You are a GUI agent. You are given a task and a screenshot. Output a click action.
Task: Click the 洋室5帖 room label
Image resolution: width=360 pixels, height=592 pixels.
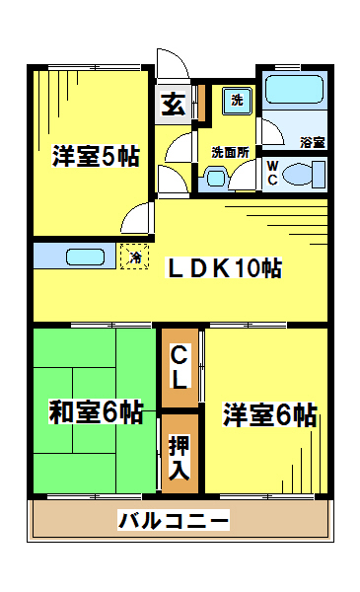click(96, 156)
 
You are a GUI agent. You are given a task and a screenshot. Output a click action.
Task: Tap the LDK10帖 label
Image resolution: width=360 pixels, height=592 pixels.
click(224, 268)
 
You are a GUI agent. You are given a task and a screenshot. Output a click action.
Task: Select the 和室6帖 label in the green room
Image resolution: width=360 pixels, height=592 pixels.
click(96, 412)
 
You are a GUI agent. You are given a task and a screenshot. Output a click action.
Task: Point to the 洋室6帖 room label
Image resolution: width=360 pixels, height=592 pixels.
click(269, 414)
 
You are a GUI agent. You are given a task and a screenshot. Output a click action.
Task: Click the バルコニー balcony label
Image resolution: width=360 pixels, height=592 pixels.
click(174, 520)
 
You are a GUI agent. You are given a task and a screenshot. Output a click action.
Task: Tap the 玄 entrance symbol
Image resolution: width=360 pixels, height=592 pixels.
click(174, 105)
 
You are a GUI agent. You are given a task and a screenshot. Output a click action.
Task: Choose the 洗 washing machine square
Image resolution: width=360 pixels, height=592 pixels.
click(237, 101)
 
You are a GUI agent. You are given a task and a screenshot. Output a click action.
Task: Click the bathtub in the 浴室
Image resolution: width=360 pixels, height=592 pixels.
click(294, 90)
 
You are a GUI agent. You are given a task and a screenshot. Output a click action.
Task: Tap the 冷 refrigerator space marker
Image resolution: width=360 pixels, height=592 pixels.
click(135, 257)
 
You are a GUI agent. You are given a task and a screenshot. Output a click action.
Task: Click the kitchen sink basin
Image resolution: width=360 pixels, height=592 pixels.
click(85, 257)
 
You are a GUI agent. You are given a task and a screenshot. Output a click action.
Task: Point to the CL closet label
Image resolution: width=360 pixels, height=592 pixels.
click(180, 368)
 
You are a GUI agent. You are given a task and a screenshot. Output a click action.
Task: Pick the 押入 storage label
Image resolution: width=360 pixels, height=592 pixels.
click(180, 457)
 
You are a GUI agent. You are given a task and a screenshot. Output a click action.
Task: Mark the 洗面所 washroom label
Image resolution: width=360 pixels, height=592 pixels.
click(230, 152)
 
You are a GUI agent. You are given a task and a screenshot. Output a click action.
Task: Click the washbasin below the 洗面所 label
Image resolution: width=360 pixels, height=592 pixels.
click(216, 178)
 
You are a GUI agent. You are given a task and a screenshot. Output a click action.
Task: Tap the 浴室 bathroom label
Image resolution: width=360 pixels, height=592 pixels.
click(312, 142)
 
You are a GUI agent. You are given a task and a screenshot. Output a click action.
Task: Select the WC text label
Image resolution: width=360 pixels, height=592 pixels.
click(273, 173)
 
